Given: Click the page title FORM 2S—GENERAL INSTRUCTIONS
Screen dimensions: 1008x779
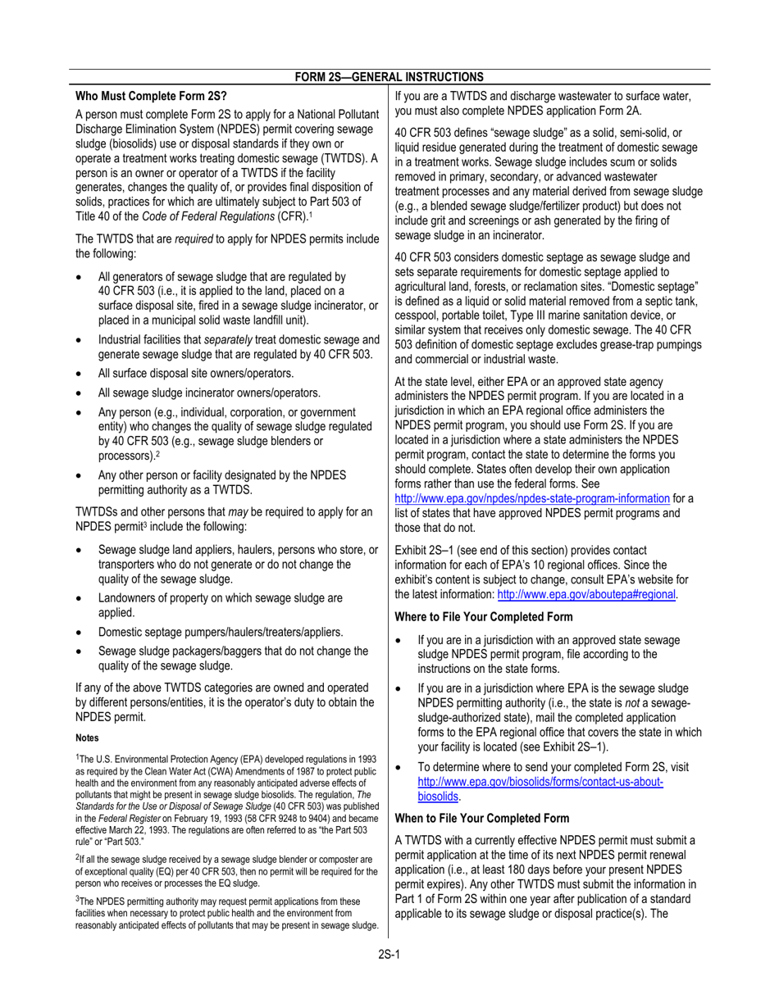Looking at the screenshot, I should pyautogui.click(x=389, y=76).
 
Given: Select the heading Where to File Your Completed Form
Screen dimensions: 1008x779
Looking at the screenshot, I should pyautogui.click(x=484, y=616).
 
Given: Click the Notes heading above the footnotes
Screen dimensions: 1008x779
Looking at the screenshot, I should pyautogui.click(x=87, y=738).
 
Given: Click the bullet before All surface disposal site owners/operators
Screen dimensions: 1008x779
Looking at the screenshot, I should pyautogui.click(x=79, y=374).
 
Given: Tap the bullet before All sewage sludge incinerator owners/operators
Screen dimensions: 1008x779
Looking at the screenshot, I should pyautogui.click(x=79, y=393).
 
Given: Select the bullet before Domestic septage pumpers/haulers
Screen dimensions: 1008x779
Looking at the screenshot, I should pyautogui.click(x=79, y=633).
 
